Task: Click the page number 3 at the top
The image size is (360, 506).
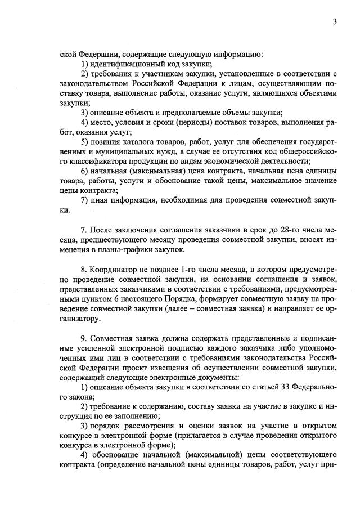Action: pyautogui.click(x=335, y=22)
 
